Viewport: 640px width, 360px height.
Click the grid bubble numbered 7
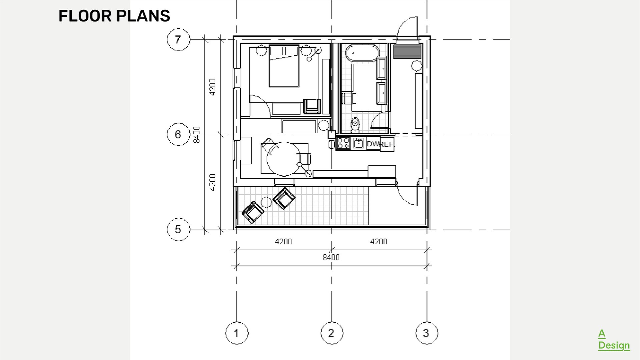(x=178, y=40)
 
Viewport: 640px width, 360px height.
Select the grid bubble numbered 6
(x=178, y=134)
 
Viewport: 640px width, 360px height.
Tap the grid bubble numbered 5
(x=178, y=229)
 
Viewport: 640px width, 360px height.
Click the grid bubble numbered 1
(x=237, y=333)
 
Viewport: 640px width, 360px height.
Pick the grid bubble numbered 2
(x=332, y=333)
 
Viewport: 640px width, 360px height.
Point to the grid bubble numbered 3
(x=427, y=333)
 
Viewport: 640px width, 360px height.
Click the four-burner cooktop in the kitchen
(x=344, y=143)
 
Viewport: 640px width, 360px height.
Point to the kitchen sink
(x=359, y=143)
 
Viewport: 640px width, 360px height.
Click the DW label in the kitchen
(x=373, y=144)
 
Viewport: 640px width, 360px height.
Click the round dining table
(x=284, y=159)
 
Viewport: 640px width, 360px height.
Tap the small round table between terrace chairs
(x=266, y=202)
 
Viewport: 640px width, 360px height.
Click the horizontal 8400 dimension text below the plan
(x=331, y=257)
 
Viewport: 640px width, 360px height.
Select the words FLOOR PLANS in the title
(x=114, y=16)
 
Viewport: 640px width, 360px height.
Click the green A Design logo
(x=614, y=340)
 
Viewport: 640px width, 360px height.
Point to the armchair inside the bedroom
(x=311, y=106)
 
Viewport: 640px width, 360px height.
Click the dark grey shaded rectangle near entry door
(x=407, y=52)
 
